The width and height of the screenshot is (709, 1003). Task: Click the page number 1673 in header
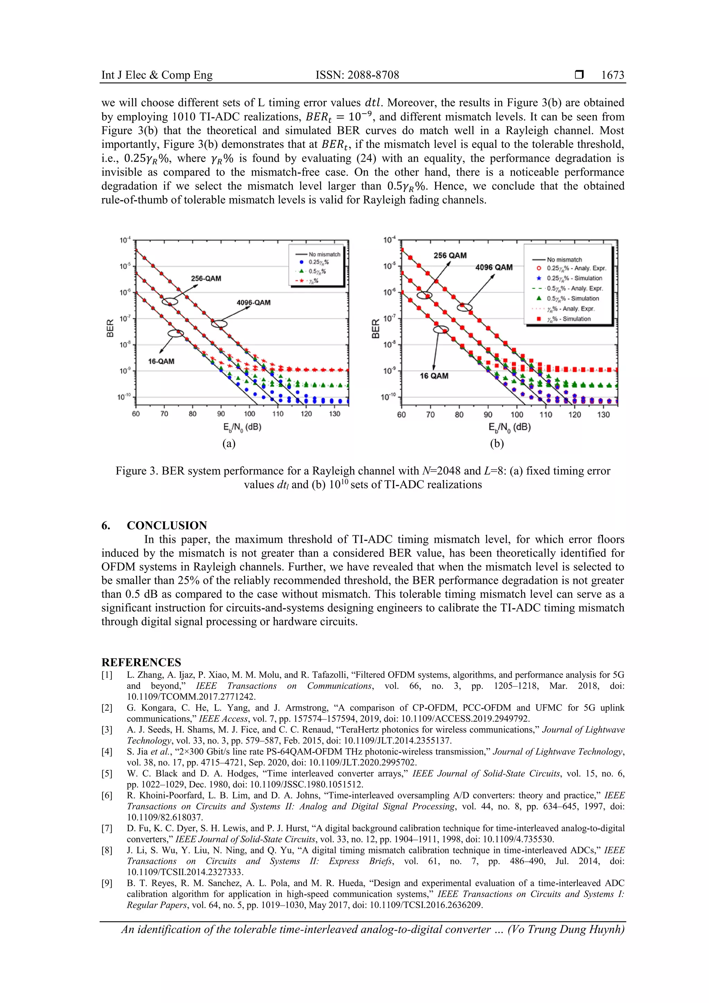pos(612,75)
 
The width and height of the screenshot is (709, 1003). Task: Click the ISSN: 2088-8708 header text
pos(357,75)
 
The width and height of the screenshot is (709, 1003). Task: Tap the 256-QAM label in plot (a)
pos(206,278)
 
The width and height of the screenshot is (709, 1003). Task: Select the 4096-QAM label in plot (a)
pos(253,302)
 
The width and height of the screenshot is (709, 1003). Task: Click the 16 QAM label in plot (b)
pos(434,376)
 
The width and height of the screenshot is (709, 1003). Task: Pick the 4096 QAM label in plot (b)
pos(494,267)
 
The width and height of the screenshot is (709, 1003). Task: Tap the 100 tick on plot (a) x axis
pos(250,414)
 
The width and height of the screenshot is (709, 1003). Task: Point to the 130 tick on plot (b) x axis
pos(603,414)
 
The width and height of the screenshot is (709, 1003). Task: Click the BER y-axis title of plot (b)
pos(375,329)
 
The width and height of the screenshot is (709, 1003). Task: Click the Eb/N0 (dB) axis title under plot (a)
pos(242,427)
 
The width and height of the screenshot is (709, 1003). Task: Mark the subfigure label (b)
pos(497,444)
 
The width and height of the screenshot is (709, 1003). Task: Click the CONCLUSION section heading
pos(167,525)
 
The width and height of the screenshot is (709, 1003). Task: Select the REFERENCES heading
pos(141,662)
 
